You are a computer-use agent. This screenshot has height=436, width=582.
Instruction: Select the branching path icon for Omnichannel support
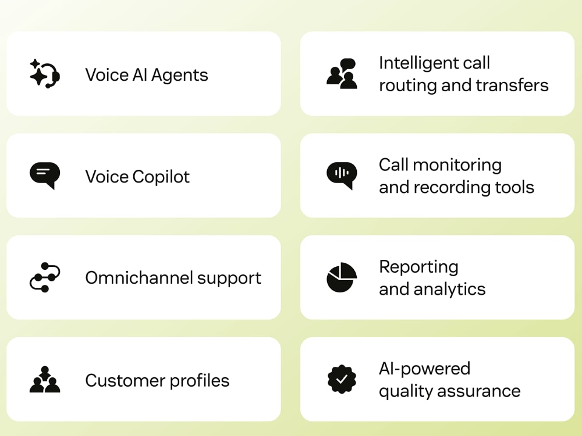click(45, 277)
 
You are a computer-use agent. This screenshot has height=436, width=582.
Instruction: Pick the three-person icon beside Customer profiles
click(45, 379)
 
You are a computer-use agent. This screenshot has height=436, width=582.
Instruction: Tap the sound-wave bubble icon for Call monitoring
click(342, 176)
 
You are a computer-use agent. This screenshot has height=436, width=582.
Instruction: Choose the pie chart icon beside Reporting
click(342, 277)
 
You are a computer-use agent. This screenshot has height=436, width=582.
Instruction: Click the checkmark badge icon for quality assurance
click(342, 379)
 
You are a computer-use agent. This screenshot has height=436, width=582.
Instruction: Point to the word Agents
click(180, 76)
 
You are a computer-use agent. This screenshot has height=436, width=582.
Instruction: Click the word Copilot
click(161, 177)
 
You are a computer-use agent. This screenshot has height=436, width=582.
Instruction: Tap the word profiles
click(199, 380)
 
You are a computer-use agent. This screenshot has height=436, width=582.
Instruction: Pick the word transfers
click(512, 85)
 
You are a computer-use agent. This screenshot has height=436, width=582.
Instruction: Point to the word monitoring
click(457, 165)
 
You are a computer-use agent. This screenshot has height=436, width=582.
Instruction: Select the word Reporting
click(418, 267)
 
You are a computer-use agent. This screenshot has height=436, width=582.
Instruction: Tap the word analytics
click(449, 289)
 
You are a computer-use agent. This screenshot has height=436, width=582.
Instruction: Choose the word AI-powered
click(425, 369)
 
